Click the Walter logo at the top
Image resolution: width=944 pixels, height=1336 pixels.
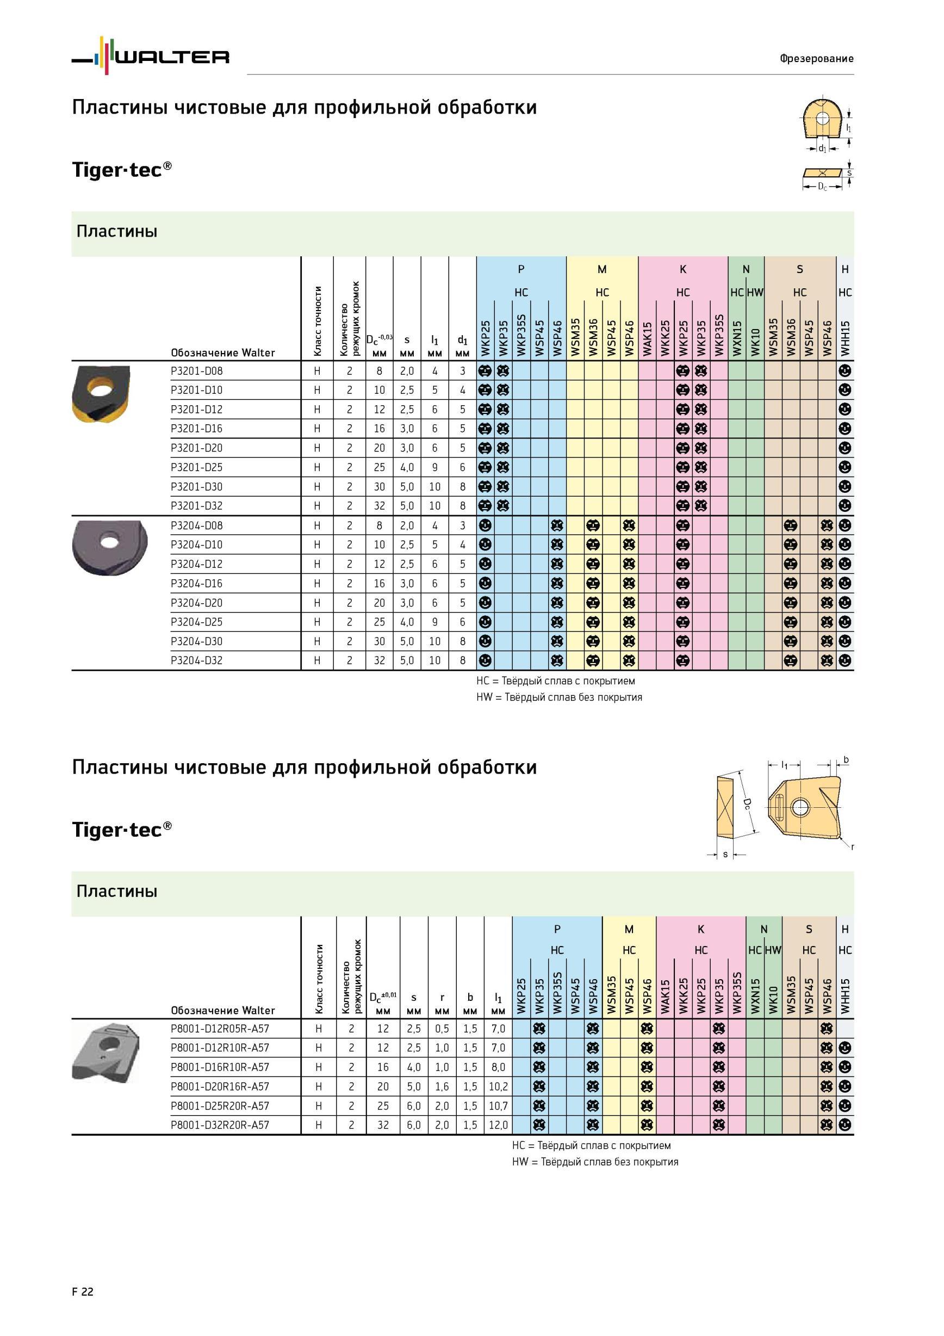[151, 56]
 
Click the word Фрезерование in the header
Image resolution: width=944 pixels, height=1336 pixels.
[817, 58]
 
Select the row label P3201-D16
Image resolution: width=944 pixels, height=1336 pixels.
[197, 429]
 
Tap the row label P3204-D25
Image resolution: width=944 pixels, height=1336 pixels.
[197, 622]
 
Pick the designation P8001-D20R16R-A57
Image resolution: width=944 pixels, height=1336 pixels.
[220, 1086]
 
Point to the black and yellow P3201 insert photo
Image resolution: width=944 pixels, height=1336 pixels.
[101, 394]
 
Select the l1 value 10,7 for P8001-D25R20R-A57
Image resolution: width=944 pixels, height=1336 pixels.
[499, 1105]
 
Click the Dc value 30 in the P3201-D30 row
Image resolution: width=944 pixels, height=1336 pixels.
[379, 486]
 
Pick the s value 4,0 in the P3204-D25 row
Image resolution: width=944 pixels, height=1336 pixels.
[407, 622]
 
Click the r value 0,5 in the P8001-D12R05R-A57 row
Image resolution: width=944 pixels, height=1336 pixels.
[442, 1029]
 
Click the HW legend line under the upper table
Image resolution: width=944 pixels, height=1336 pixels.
[559, 697]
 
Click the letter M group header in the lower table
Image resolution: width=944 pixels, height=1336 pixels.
[629, 929]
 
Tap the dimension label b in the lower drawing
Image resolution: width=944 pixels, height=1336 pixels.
[846, 759]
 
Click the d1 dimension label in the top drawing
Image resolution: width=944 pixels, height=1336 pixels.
[822, 149]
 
